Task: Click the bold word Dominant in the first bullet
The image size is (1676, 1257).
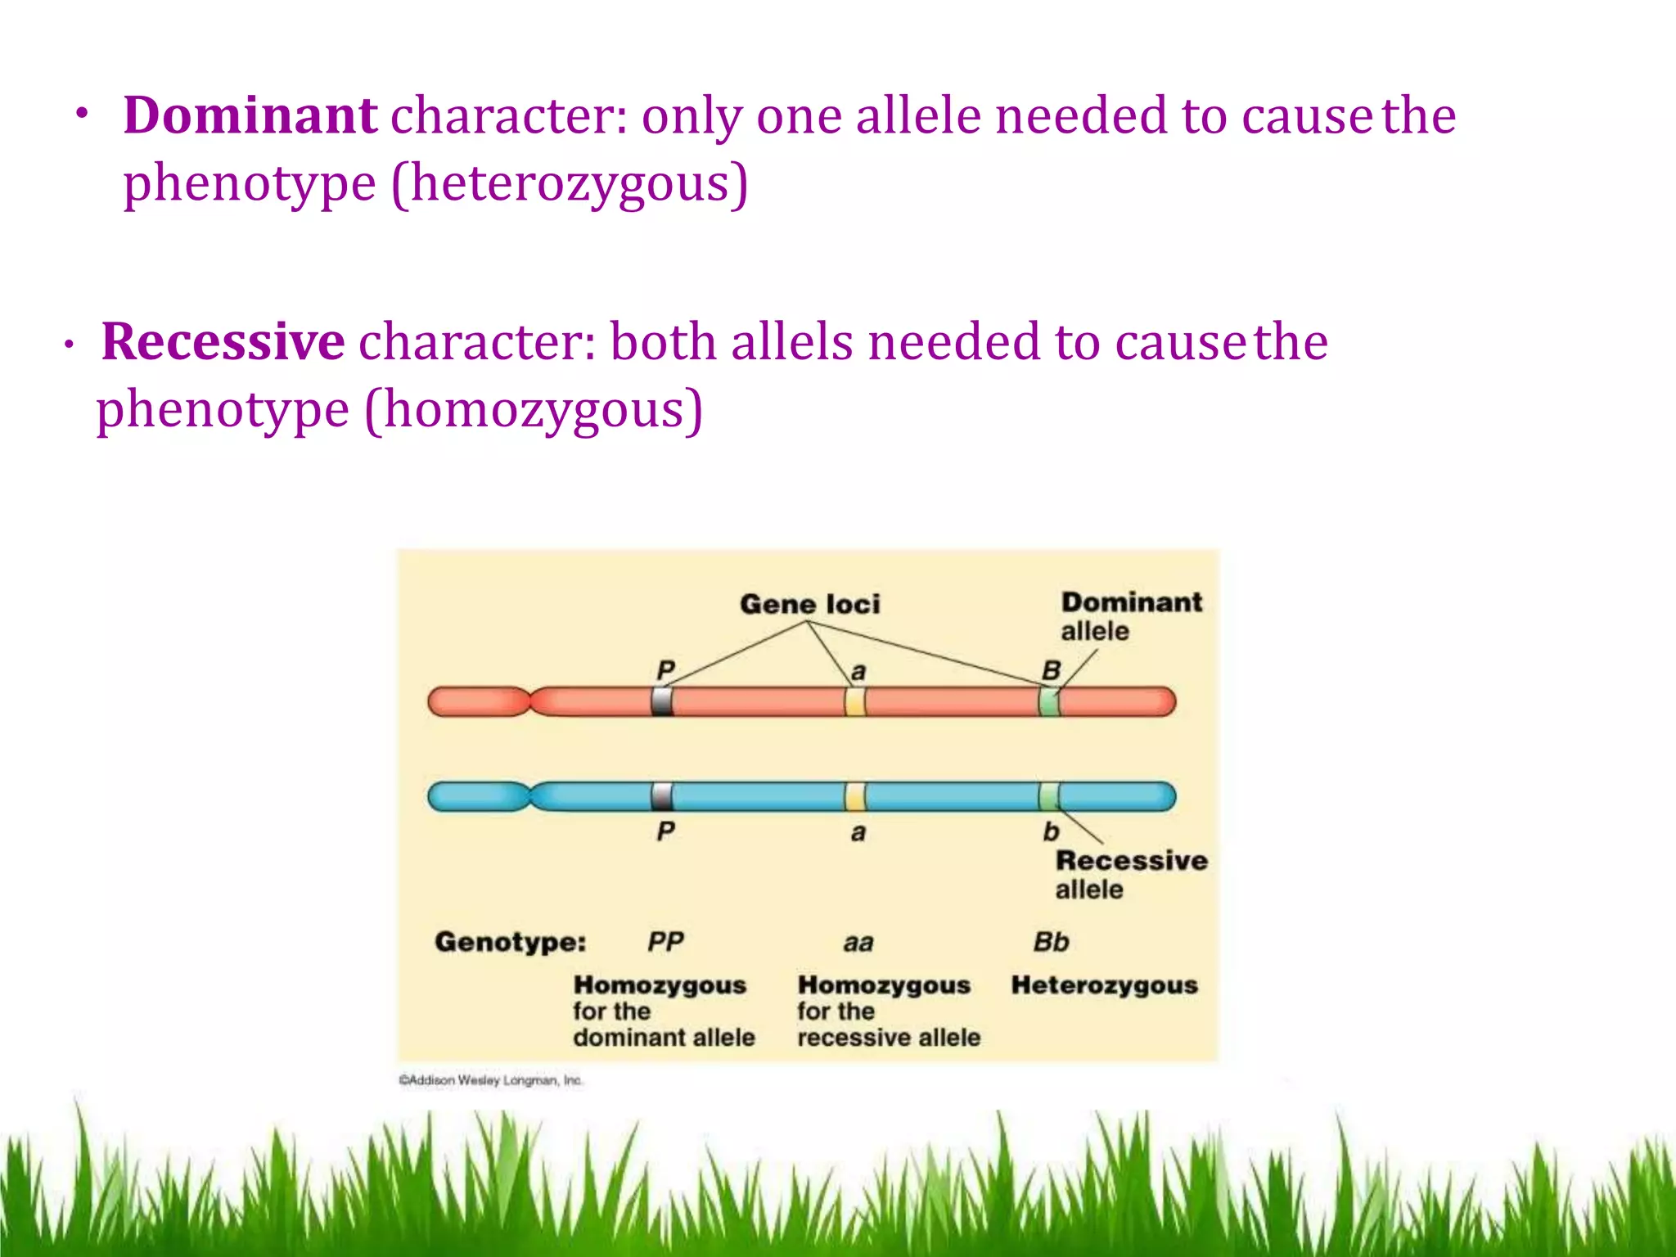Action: [x=250, y=115]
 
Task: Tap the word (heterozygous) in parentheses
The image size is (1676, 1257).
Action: [x=570, y=183]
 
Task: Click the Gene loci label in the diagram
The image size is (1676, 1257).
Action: [x=809, y=604]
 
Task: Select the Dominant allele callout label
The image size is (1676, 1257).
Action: [x=1130, y=615]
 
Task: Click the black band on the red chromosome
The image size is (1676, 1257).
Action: [x=662, y=702]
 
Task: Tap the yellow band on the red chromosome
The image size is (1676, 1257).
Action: [x=855, y=702]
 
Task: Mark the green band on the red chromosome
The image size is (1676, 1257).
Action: [x=1049, y=702]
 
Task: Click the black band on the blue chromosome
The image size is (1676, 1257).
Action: [x=662, y=796]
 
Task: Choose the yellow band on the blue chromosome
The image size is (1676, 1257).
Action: [x=855, y=796]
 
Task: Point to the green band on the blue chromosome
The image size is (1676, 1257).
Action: [x=1049, y=796]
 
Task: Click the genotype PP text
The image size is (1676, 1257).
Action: [x=665, y=942]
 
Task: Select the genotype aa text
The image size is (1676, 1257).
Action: [x=858, y=944]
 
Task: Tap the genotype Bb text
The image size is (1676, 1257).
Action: [x=1051, y=942]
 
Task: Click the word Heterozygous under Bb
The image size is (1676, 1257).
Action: [x=1104, y=985]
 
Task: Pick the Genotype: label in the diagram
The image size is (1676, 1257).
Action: [x=510, y=942]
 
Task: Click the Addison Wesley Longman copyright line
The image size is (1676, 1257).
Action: [x=490, y=1080]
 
